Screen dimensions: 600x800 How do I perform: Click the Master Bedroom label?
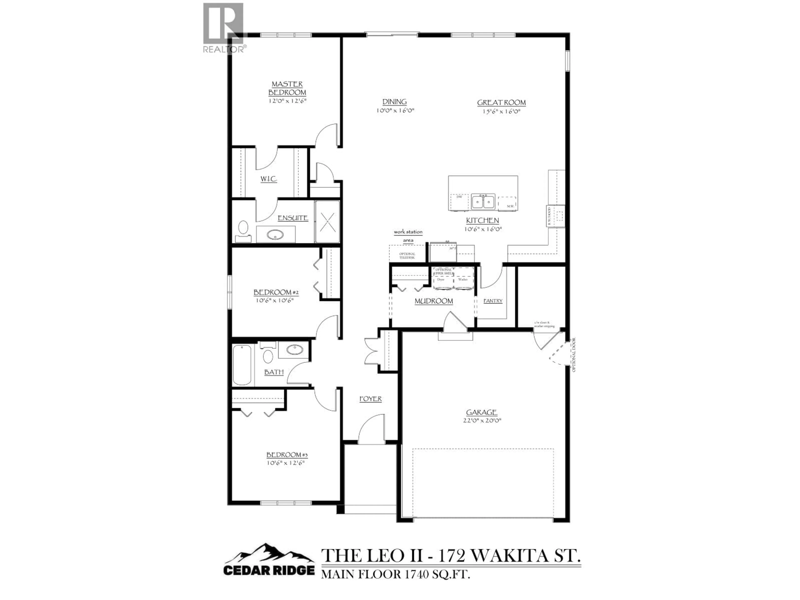(287, 88)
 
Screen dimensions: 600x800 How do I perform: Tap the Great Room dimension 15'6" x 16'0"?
(501, 112)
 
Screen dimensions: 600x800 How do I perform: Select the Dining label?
(395, 102)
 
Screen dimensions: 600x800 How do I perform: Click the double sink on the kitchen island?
(483, 201)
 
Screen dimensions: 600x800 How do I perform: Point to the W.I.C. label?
(269, 179)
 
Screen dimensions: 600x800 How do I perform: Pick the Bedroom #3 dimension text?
(286, 462)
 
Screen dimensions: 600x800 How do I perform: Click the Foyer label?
(370, 399)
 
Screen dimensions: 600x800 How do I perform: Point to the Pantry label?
(493, 301)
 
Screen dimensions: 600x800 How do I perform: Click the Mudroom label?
(434, 301)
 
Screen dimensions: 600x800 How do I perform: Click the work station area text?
(408, 236)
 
